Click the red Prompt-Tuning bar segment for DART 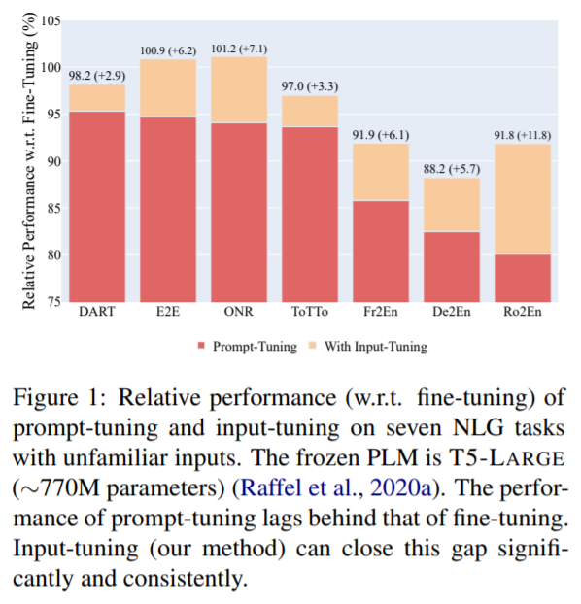[97, 207]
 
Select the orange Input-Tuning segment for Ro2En [523, 199]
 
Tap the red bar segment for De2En [452, 267]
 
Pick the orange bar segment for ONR [239, 90]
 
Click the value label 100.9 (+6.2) [168, 50]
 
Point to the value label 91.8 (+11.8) [523, 135]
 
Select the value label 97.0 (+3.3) [310, 86]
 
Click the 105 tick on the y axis [51, 20]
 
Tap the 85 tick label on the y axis [54, 209]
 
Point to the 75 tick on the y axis [54, 302]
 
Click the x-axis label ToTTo [310, 312]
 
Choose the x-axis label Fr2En [381, 312]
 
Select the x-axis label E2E [168, 312]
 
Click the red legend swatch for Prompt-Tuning [201, 345]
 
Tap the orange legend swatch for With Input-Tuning [312, 345]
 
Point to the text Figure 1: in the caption [59, 398]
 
